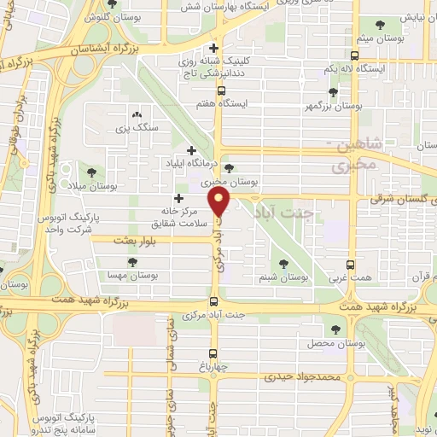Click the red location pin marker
click(x=221, y=204)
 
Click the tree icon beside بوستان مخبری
click(x=229, y=168)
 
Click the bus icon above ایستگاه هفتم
click(x=221, y=90)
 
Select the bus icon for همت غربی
click(x=350, y=265)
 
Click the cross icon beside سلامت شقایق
click(x=178, y=199)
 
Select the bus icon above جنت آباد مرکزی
click(x=214, y=301)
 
